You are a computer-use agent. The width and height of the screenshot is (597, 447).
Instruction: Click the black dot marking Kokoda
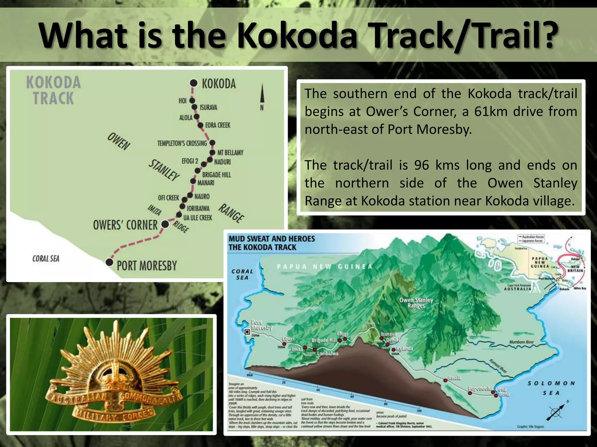[194, 83]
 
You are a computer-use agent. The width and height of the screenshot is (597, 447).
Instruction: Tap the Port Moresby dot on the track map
[109, 262]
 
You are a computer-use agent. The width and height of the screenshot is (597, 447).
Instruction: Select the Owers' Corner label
[125, 225]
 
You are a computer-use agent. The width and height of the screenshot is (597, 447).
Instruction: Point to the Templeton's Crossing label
[182, 143]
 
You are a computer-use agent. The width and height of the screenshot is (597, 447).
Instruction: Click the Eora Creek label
[217, 125]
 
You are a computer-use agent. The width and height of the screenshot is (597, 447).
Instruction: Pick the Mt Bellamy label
[230, 152]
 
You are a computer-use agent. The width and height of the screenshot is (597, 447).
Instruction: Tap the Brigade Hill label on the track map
[216, 175]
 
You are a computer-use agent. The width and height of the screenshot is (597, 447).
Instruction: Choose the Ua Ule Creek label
[198, 218]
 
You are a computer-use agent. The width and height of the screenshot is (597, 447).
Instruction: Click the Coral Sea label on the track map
[46, 258]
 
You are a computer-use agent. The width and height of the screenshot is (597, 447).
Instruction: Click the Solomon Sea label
[551, 388]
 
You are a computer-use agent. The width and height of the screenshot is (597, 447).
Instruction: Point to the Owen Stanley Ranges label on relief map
[416, 303]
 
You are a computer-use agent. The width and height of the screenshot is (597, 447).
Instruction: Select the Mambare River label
[521, 342]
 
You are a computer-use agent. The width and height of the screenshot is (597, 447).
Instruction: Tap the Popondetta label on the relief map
[480, 389]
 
